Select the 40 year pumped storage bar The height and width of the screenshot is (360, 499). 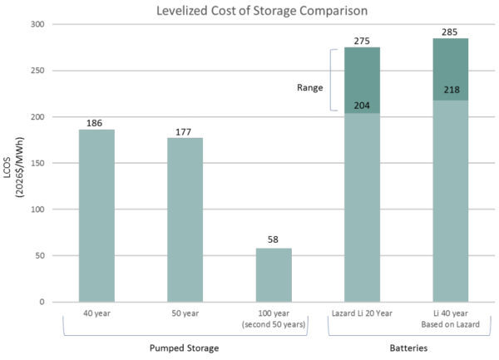tap(96, 216)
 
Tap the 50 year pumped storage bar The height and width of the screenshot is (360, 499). tap(185, 220)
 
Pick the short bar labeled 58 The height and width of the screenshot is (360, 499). tap(274, 274)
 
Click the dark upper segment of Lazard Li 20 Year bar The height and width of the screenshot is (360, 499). tap(362, 80)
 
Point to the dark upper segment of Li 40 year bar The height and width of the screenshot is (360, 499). tap(451, 70)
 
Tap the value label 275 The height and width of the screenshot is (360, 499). tap(362, 41)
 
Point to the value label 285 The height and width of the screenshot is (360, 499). tap(451, 32)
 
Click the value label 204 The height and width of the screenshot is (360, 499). tap(362, 106)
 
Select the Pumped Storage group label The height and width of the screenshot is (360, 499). tap(185, 348)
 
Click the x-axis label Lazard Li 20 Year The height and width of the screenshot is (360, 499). tap(362, 313)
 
